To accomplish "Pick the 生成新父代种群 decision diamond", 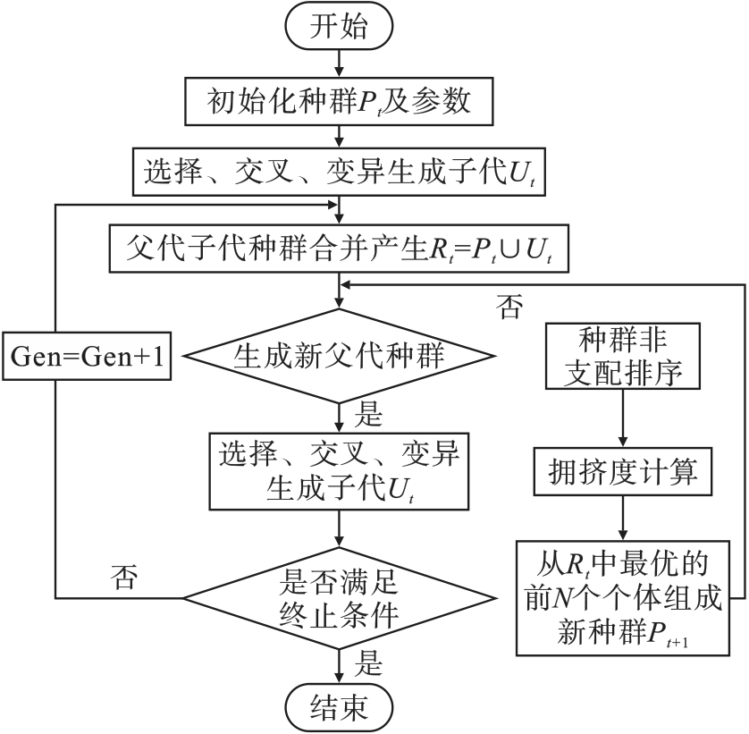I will coord(339,356).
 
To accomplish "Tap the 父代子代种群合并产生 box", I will coord(339,248).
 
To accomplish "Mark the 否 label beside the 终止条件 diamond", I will coord(125,576).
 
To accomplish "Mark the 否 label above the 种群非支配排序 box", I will coord(510,307).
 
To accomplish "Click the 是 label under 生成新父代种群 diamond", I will coord(368,416).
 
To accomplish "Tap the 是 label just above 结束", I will coord(368,663).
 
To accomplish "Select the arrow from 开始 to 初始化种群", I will coord(339,63).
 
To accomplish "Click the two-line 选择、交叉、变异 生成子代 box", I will coord(339,472).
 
